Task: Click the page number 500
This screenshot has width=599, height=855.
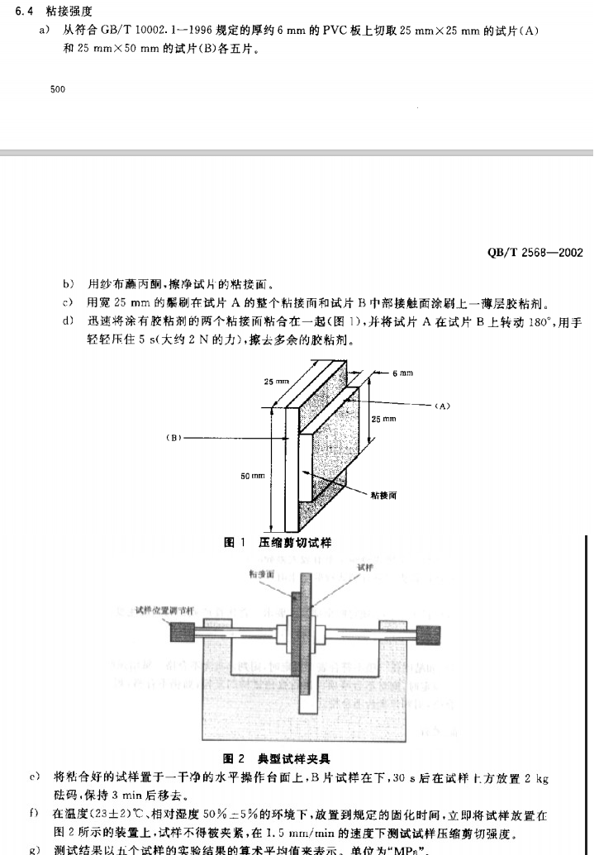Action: coord(58,88)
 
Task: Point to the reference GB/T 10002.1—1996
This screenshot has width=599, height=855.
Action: coord(146,31)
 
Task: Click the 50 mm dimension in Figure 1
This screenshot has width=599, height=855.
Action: coord(253,477)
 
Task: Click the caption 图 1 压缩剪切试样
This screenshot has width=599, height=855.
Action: coord(278,542)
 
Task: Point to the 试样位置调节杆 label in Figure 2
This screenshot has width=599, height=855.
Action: coord(164,611)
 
